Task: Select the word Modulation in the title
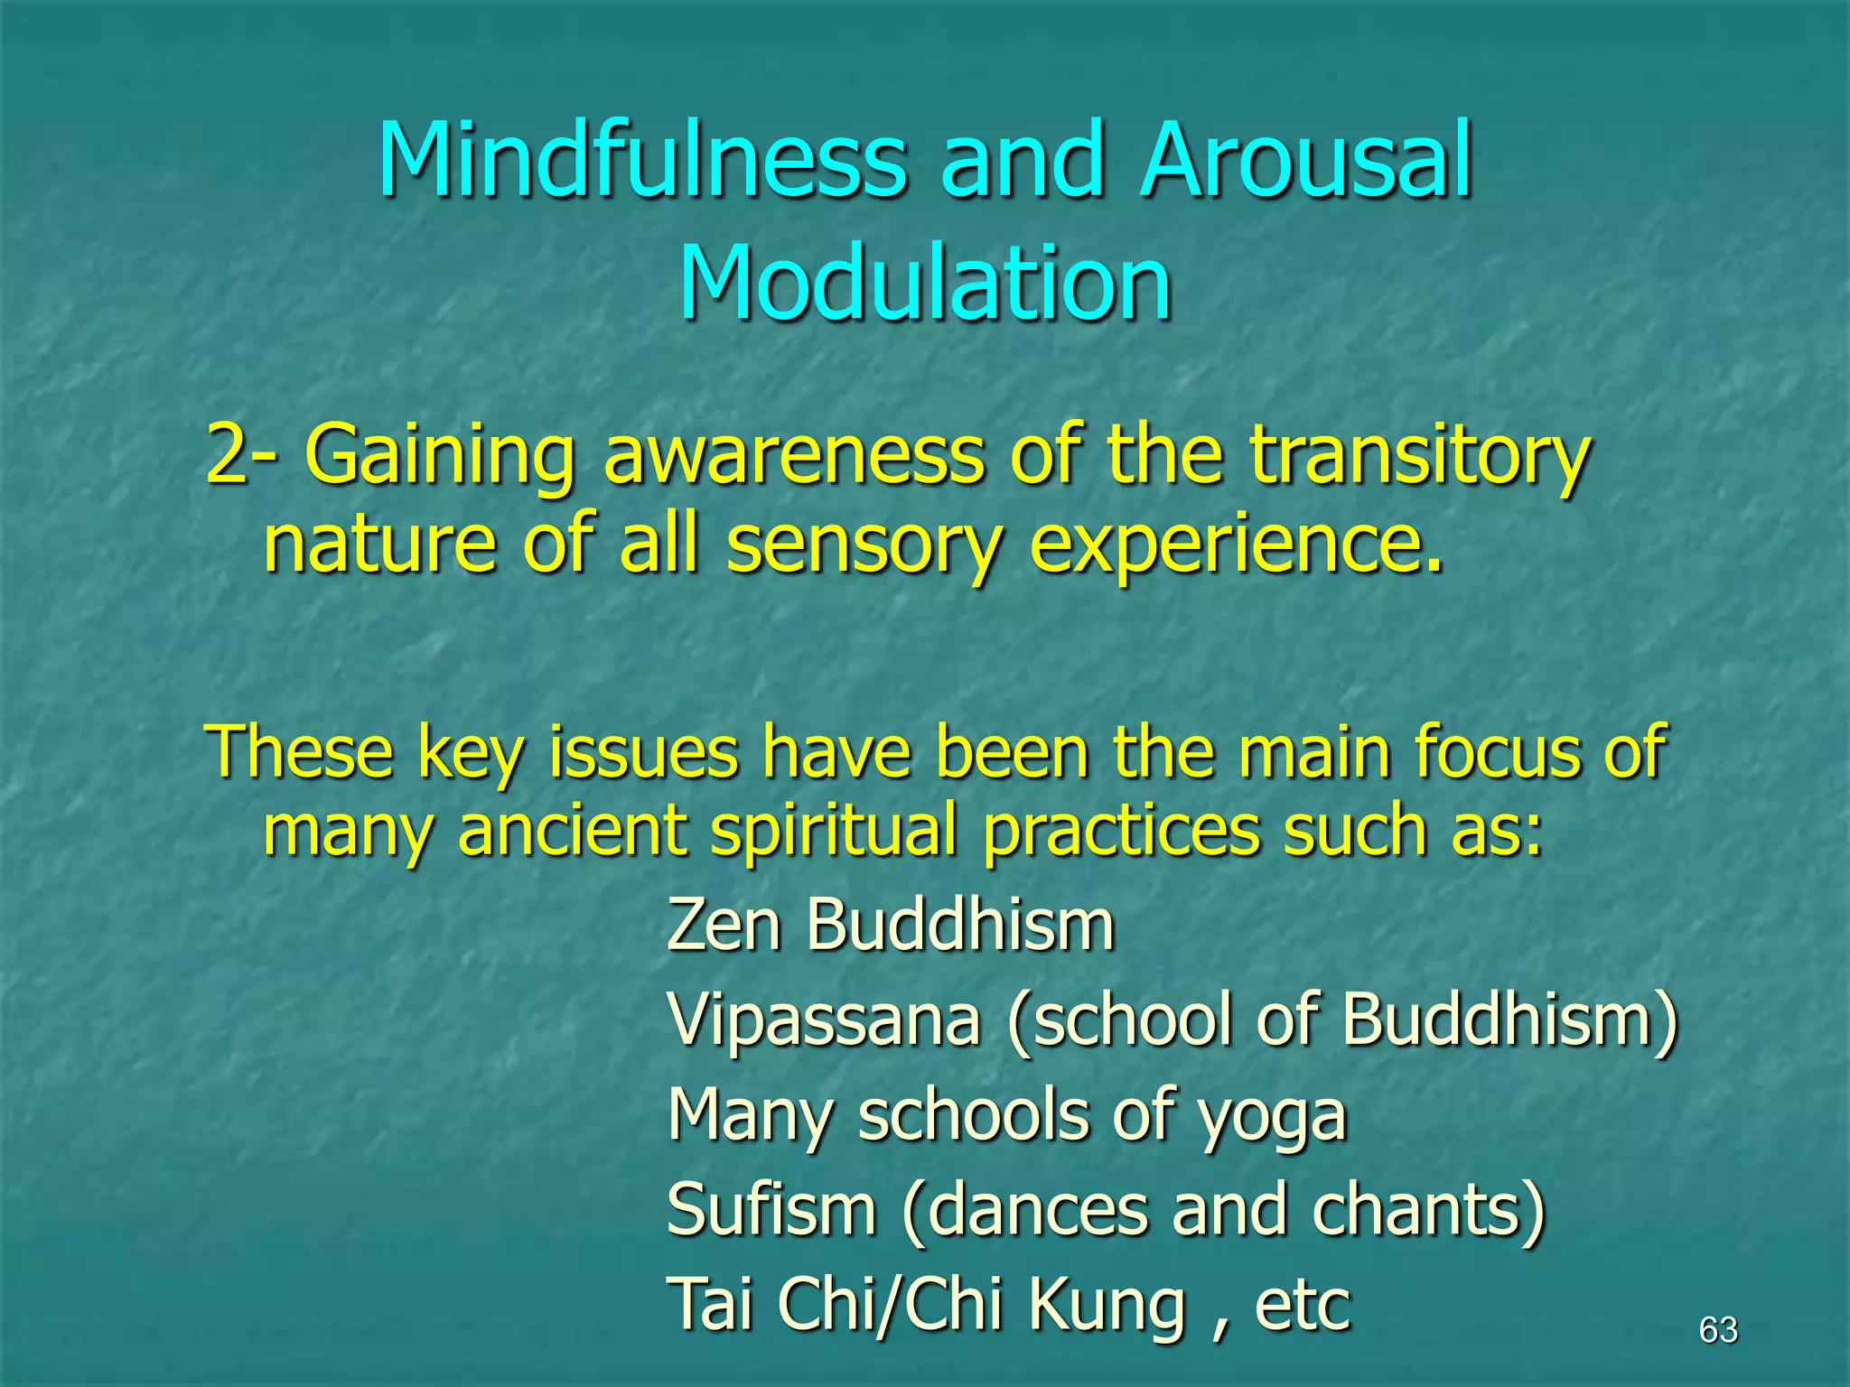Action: pyautogui.click(x=925, y=284)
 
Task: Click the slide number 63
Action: pyautogui.click(x=1718, y=1330)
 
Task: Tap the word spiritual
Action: pyautogui.click(x=833, y=831)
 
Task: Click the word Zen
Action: pyautogui.click(x=723, y=925)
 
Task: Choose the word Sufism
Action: pyautogui.click(x=771, y=1210)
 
